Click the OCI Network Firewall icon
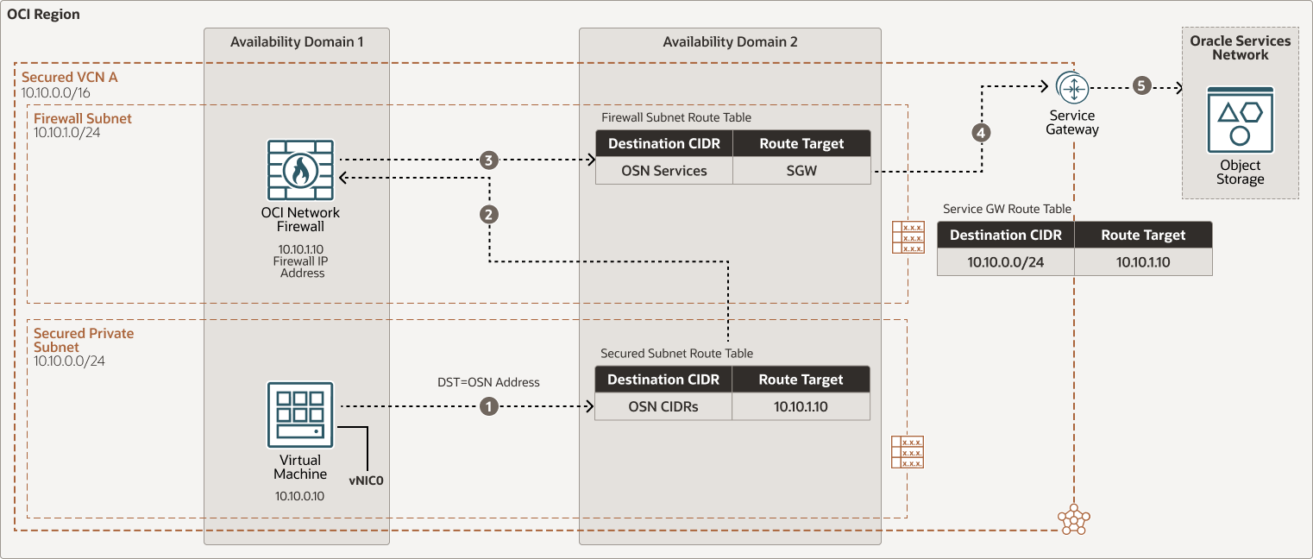coord(300,170)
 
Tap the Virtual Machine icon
coord(299,415)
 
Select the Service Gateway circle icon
coord(1072,87)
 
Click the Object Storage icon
coord(1241,120)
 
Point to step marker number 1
coord(489,406)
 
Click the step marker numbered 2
coord(489,215)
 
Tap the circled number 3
coord(489,160)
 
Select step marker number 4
coord(981,133)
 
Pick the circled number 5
coord(1142,86)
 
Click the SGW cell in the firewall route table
coord(801,171)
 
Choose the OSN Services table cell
coord(663,171)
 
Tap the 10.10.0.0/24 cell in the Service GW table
coord(1005,262)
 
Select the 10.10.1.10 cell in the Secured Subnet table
coord(801,406)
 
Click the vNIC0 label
coord(366,480)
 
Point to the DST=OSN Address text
coord(488,382)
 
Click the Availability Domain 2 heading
coord(730,41)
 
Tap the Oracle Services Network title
coord(1240,47)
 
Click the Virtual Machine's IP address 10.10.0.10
coord(299,496)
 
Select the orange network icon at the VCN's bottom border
coord(1073,518)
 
